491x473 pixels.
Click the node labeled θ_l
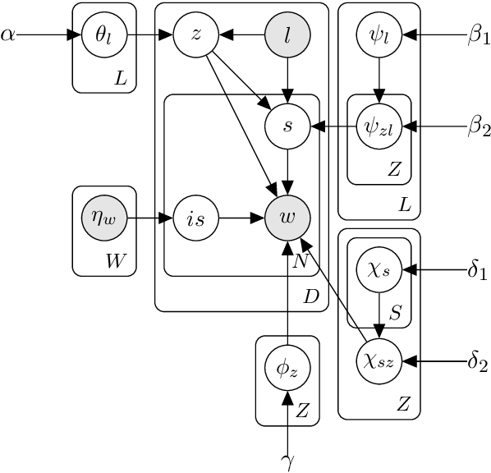pos(104,34)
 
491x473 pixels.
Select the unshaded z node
pos(196,34)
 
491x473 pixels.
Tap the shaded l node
pos(287,34)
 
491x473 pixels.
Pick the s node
pos(287,126)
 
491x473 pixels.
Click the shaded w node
pos(287,218)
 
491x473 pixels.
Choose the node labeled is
pos(196,218)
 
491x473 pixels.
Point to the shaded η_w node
pos(104,218)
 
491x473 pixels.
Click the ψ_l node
pos(379,34)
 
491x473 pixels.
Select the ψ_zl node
pos(379,126)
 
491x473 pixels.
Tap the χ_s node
pos(379,269)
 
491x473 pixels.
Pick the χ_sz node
pos(379,361)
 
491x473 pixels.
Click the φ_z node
pos(287,368)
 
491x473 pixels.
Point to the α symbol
pos(8,34)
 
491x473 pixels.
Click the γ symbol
pos(287,462)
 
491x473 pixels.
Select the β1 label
pos(479,35)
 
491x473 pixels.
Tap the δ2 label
pos(478,362)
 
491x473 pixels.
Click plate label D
pos(311,296)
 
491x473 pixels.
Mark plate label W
pos(116,260)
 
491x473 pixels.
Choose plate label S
pos(395,312)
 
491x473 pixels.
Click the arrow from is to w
pos(242,218)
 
